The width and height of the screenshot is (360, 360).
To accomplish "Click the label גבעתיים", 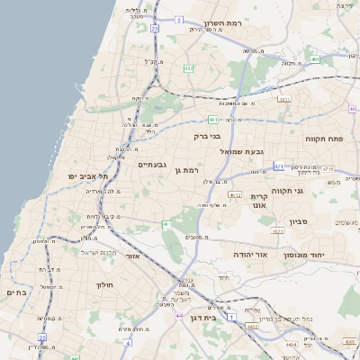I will click(x=154, y=165).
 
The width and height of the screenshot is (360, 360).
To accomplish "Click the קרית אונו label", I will click(x=258, y=200).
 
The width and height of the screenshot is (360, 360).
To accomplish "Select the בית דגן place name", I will click(x=206, y=318).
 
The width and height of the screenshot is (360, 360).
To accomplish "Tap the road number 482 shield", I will click(x=188, y=67).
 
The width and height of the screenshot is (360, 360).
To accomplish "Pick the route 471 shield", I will click(x=279, y=166).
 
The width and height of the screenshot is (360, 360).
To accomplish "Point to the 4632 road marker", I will click(x=235, y=194).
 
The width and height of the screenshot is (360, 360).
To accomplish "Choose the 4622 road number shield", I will click(x=277, y=231).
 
